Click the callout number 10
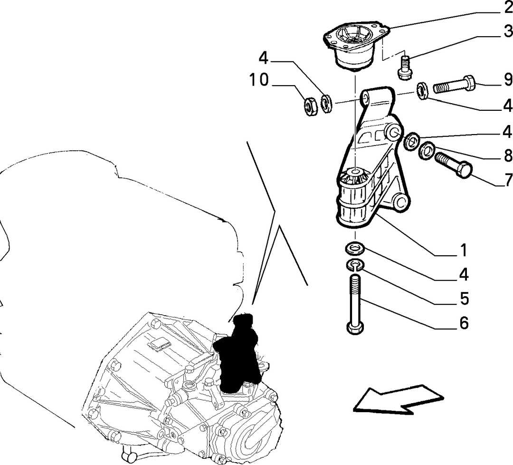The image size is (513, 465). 259,80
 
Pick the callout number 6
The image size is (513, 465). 464,323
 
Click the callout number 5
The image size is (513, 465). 464,298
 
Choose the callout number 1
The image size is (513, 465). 464,251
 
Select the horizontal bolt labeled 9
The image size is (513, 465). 454,85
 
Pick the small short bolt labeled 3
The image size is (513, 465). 405,68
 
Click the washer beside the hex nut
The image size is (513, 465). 326,104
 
